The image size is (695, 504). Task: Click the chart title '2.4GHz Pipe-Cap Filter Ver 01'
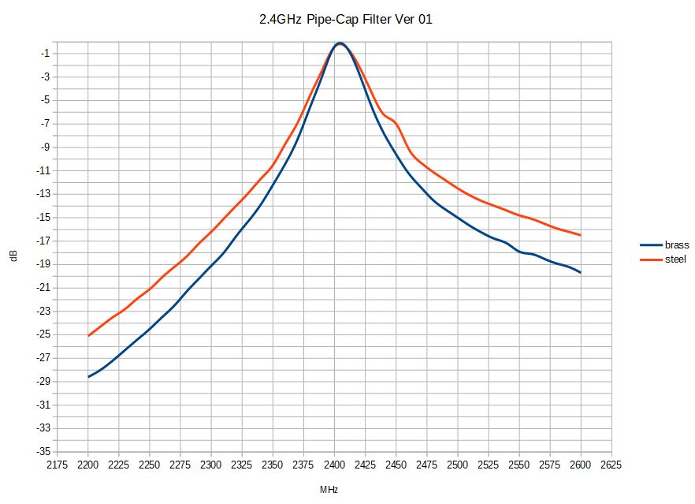(x=345, y=20)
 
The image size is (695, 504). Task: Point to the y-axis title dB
(x=15, y=256)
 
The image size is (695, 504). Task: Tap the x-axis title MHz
(x=329, y=490)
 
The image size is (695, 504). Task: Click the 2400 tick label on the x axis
(x=334, y=465)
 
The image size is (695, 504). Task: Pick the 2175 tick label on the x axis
(x=58, y=465)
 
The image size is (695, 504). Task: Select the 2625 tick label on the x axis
(x=611, y=465)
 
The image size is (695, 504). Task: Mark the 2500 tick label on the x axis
(x=458, y=465)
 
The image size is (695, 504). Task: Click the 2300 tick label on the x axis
(x=211, y=465)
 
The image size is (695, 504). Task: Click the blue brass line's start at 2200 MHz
(x=88, y=377)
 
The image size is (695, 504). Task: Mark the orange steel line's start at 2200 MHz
(x=88, y=336)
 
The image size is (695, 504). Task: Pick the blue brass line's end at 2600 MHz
(x=581, y=272)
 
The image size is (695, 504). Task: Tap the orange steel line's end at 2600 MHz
(x=581, y=235)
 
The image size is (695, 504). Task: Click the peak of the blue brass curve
(x=339, y=43)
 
